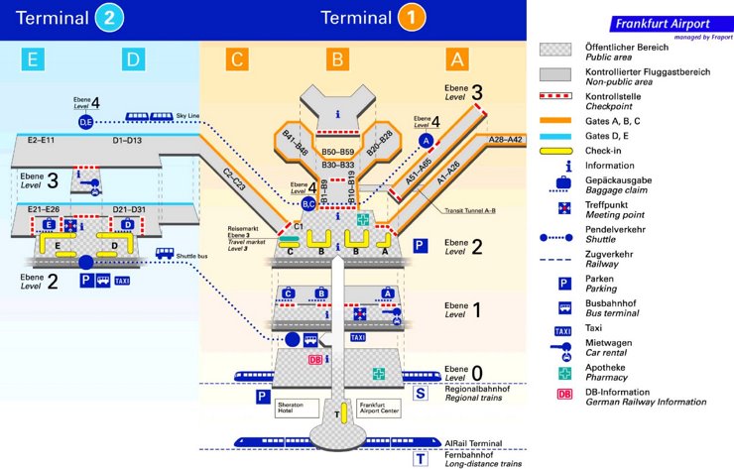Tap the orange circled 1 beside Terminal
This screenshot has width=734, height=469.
(x=412, y=19)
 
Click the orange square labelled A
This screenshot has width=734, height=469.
(x=456, y=60)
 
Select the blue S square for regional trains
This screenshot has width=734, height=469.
(x=421, y=395)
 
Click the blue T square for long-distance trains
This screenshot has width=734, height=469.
(x=421, y=459)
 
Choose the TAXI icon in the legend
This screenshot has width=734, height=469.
(x=563, y=330)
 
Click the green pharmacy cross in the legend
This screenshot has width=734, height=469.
(x=563, y=373)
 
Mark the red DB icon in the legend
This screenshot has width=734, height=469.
(x=563, y=395)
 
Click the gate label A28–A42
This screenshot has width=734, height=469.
(x=506, y=141)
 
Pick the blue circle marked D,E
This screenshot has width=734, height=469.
(x=85, y=121)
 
